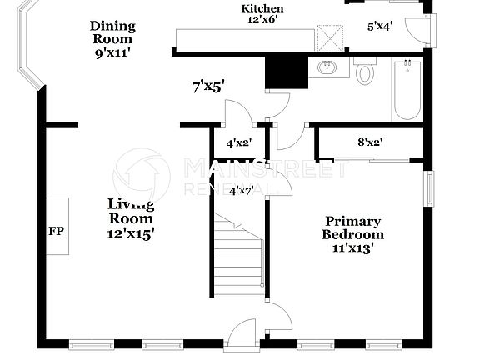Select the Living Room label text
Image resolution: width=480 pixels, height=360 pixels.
[x=130, y=218]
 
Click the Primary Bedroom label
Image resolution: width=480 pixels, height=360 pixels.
[x=353, y=234]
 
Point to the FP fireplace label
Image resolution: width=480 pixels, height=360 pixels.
[x=56, y=231]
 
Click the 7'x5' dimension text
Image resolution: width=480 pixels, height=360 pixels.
[x=207, y=85]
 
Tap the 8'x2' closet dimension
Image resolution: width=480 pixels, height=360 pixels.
[x=369, y=142]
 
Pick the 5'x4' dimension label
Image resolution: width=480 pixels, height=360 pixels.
[x=380, y=27]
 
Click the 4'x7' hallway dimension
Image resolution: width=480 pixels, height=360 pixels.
[x=242, y=190]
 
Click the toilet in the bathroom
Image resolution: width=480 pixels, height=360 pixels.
[x=365, y=72]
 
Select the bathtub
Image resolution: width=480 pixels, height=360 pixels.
[x=407, y=90]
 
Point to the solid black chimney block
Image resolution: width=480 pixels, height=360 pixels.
[x=280, y=72]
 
